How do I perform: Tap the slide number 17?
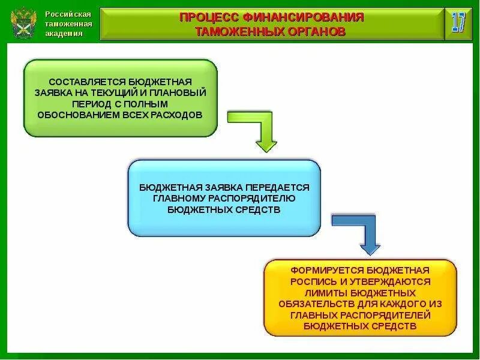pos(458,23)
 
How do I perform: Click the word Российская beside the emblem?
pos(68,14)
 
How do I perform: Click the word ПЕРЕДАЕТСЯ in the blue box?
pos(281,187)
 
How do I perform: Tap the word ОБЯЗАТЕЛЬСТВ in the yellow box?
pos(314,304)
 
